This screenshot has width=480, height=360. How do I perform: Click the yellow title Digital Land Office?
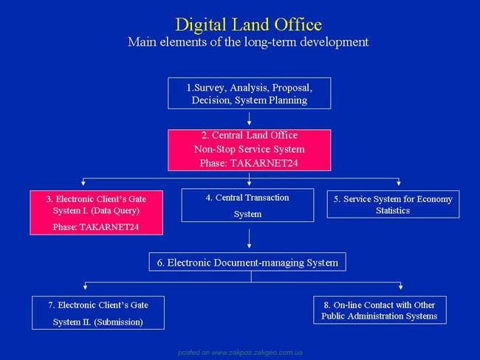pyautogui.click(x=249, y=25)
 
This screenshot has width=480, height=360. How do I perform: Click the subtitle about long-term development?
pyautogui.click(x=248, y=42)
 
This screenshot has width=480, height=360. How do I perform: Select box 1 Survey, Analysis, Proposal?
pyautogui.click(x=249, y=93)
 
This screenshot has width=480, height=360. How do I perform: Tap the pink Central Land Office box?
pyautogui.click(x=249, y=150)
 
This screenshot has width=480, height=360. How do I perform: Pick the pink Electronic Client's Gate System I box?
pyautogui.click(x=97, y=212)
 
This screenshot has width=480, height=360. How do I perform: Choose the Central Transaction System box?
pyautogui.click(x=247, y=205)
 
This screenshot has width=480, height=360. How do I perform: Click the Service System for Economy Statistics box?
pyautogui.click(x=393, y=204)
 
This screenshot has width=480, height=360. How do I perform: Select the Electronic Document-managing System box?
pyautogui.click(x=247, y=262)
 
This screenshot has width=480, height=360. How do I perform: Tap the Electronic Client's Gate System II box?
pyautogui.click(x=98, y=313)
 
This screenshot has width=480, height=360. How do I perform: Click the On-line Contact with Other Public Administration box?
pyautogui.click(x=380, y=310)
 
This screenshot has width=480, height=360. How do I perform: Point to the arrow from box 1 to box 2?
pyautogui.click(x=249, y=118)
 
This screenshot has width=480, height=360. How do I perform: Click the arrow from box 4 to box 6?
pyautogui.click(x=249, y=238)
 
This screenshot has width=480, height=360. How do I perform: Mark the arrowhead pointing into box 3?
pyautogui.click(x=83, y=183)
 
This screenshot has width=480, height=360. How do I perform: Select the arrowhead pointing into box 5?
pyautogui.click(x=399, y=183)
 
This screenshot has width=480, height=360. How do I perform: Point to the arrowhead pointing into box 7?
pyautogui.click(x=86, y=287)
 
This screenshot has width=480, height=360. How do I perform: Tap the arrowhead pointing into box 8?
pyautogui.click(x=401, y=287)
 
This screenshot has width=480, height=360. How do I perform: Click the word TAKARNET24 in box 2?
pyautogui.click(x=264, y=163)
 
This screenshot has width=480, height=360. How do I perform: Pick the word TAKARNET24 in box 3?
pyautogui.click(x=109, y=227)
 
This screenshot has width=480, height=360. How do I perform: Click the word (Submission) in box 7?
pyautogui.click(x=118, y=322)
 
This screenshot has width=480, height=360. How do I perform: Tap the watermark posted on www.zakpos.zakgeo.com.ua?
pyautogui.click(x=240, y=353)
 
